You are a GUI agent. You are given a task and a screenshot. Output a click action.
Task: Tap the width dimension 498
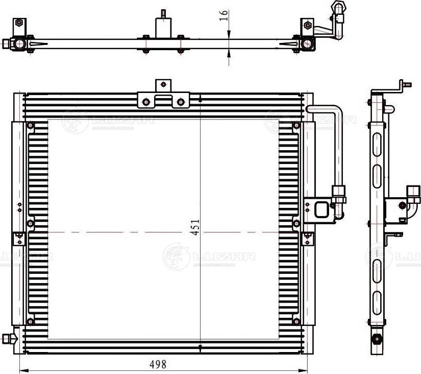pos(158,364)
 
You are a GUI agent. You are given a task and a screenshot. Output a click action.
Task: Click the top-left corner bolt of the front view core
pos(30,126)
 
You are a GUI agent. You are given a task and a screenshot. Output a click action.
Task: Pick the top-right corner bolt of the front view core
pos(296,126)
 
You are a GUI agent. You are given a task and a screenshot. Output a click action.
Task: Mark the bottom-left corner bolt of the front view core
pos(30,321)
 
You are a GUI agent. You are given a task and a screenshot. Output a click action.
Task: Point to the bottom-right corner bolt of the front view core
pos(296,321)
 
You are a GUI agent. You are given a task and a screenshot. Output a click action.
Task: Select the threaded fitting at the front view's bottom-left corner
pos(7,338)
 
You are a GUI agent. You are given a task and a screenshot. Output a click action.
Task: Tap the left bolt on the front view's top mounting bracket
pos(146,102)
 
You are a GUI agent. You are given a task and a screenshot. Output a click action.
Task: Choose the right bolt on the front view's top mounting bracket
pos(180,102)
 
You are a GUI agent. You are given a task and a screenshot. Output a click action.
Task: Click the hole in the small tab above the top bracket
pos(163,84)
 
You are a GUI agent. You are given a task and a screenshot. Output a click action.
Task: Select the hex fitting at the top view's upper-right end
pos(337,7)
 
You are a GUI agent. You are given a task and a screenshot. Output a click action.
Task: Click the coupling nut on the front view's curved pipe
pos(339,192)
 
